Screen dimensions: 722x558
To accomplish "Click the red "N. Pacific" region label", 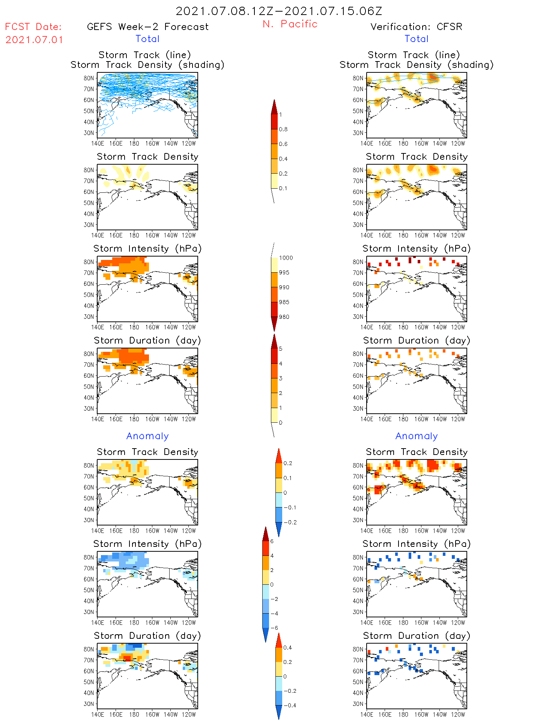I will click(x=290, y=24).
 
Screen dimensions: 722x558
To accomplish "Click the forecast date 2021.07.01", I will click(x=34, y=40).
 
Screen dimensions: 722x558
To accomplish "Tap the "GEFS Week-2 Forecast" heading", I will click(x=147, y=27).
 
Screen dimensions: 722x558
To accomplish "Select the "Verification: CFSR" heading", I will click(x=416, y=27).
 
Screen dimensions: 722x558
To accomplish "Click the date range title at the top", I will click(x=279, y=11).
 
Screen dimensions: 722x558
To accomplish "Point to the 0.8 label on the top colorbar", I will click(x=283, y=129).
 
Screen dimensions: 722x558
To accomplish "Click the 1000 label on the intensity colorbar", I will click(x=286, y=258).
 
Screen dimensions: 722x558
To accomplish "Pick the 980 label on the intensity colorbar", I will click(x=284, y=317).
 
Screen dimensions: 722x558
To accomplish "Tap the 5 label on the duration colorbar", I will click(x=281, y=349).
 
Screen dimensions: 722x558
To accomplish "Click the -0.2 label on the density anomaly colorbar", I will click(x=290, y=522).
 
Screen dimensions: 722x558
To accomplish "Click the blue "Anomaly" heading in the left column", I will click(x=147, y=436).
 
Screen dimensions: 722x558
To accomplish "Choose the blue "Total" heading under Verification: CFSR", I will click(x=416, y=39).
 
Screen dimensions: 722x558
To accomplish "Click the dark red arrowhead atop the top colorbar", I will click(x=274, y=107).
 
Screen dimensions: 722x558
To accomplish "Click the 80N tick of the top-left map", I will click(x=89, y=78).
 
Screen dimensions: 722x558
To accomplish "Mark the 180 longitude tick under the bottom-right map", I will click(x=403, y=714).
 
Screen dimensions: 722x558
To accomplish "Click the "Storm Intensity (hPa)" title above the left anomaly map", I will click(x=147, y=544).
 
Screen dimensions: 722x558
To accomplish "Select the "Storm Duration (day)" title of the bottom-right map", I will click(x=416, y=636).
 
